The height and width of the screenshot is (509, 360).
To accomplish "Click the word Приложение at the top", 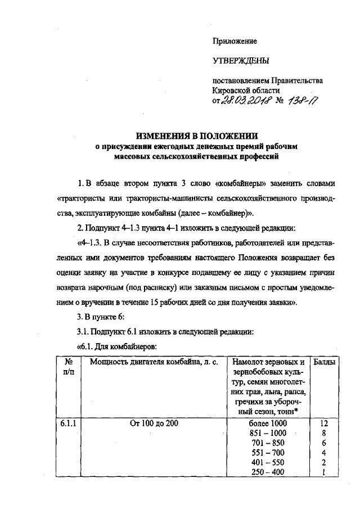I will click(x=234, y=41).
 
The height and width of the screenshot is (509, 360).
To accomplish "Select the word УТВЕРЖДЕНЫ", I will click(x=237, y=60).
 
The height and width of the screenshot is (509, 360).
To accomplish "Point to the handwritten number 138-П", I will click(x=304, y=100).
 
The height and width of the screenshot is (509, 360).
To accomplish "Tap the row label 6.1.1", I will click(x=68, y=422).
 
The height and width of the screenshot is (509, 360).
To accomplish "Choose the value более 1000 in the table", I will click(x=267, y=422).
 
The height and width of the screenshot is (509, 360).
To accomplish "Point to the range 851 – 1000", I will click(x=267, y=433).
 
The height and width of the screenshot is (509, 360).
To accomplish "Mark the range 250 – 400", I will click(x=267, y=472).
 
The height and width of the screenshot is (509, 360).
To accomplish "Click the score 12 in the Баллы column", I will click(x=323, y=422).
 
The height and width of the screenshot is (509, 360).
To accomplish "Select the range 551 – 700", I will click(x=267, y=452).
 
